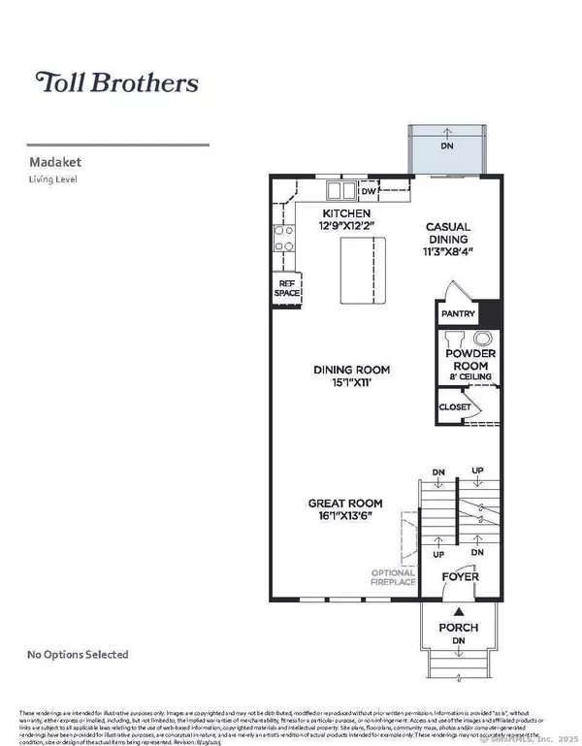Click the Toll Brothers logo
pos(116,81)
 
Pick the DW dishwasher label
pos(369,191)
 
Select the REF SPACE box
pos(286,287)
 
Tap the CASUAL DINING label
pos(447,233)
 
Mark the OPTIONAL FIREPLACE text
pos(394,576)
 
